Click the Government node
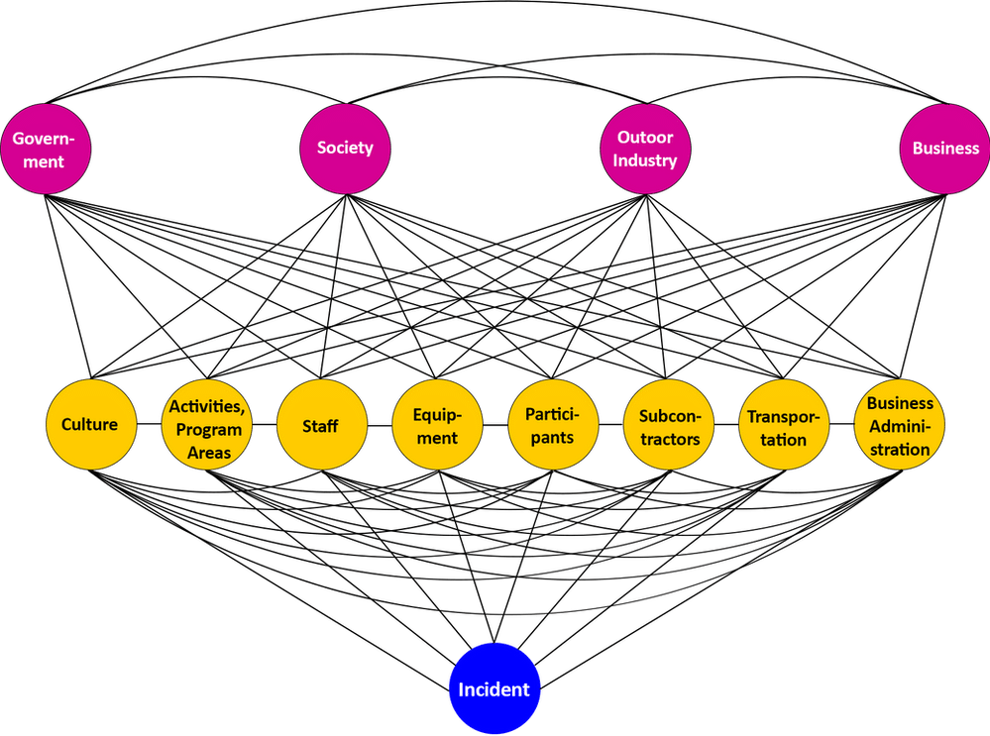(46, 149)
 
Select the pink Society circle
(346, 149)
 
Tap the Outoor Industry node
(645, 149)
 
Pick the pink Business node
(945, 149)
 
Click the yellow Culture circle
(91, 424)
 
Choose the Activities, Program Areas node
(207, 424)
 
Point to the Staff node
(322, 424)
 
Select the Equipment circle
(438, 424)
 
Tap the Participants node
(553, 424)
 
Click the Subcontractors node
(669, 424)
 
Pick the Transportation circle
(784, 424)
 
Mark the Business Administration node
(899, 424)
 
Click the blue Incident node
(495, 688)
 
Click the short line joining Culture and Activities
(149, 424)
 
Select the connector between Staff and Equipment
(381, 425)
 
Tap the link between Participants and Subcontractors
(610, 424)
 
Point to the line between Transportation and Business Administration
(841, 424)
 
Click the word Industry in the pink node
(644, 160)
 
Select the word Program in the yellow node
(209, 430)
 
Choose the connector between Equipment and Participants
(495, 425)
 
